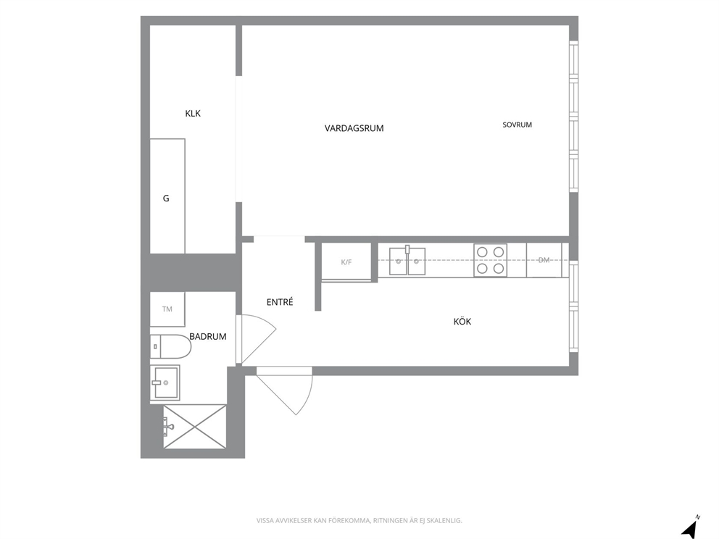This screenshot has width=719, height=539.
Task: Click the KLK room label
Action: click(x=193, y=113)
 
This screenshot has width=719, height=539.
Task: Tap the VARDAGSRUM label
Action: click(x=354, y=128)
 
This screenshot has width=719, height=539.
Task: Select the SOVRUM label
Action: click(x=518, y=125)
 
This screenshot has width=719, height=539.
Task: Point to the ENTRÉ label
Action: click(x=280, y=302)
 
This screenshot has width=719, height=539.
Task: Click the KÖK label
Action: click(x=462, y=321)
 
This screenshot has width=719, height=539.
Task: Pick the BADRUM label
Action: click(x=208, y=336)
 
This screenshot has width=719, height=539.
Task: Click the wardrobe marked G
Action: click(x=167, y=196)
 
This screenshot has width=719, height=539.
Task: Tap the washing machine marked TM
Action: click(x=167, y=309)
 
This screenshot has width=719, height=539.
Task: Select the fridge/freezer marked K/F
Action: click(x=346, y=262)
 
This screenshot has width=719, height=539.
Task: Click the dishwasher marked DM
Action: click(x=544, y=260)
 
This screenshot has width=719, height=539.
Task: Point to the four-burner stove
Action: click(x=490, y=260)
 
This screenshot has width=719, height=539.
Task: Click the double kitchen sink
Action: click(x=407, y=261)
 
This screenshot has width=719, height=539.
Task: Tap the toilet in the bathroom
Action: click(x=170, y=346)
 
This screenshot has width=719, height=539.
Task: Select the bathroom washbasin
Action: click(x=165, y=383)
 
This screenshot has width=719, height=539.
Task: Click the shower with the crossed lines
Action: click(x=195, y=427)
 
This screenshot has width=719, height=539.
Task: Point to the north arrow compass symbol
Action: click(x=690, y=528)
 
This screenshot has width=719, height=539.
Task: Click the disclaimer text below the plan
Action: click(x=359, y=521)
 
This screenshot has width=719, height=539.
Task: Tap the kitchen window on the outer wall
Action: click(x=573, y=306)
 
